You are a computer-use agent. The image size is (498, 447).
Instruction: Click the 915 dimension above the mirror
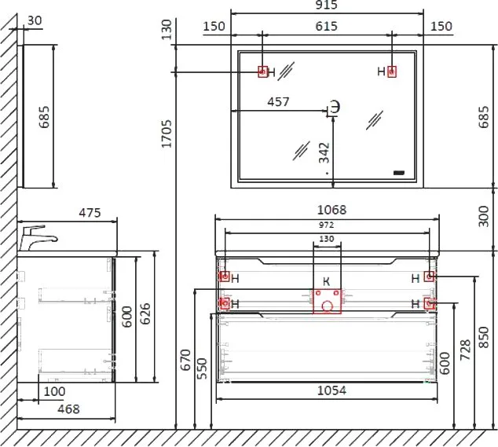[x=327, y=5]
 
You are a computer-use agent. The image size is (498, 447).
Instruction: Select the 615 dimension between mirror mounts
[x=327, y=26]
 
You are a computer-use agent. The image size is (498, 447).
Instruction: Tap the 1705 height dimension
[x=167, y=134]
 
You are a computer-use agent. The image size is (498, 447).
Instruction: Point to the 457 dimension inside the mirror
[x=279, y=101]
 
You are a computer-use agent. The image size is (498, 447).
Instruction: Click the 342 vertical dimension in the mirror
[x=324, y=153]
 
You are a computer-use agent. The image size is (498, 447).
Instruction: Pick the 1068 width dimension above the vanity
[x=332, y=210]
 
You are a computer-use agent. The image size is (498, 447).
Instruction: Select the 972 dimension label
[x=327, y=225]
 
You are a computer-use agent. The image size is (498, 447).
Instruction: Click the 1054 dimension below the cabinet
[x=332, y=390]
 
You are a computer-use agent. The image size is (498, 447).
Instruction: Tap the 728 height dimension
[x=465, y=350]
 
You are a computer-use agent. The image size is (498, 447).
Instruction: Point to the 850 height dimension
[x=483, y=337]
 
